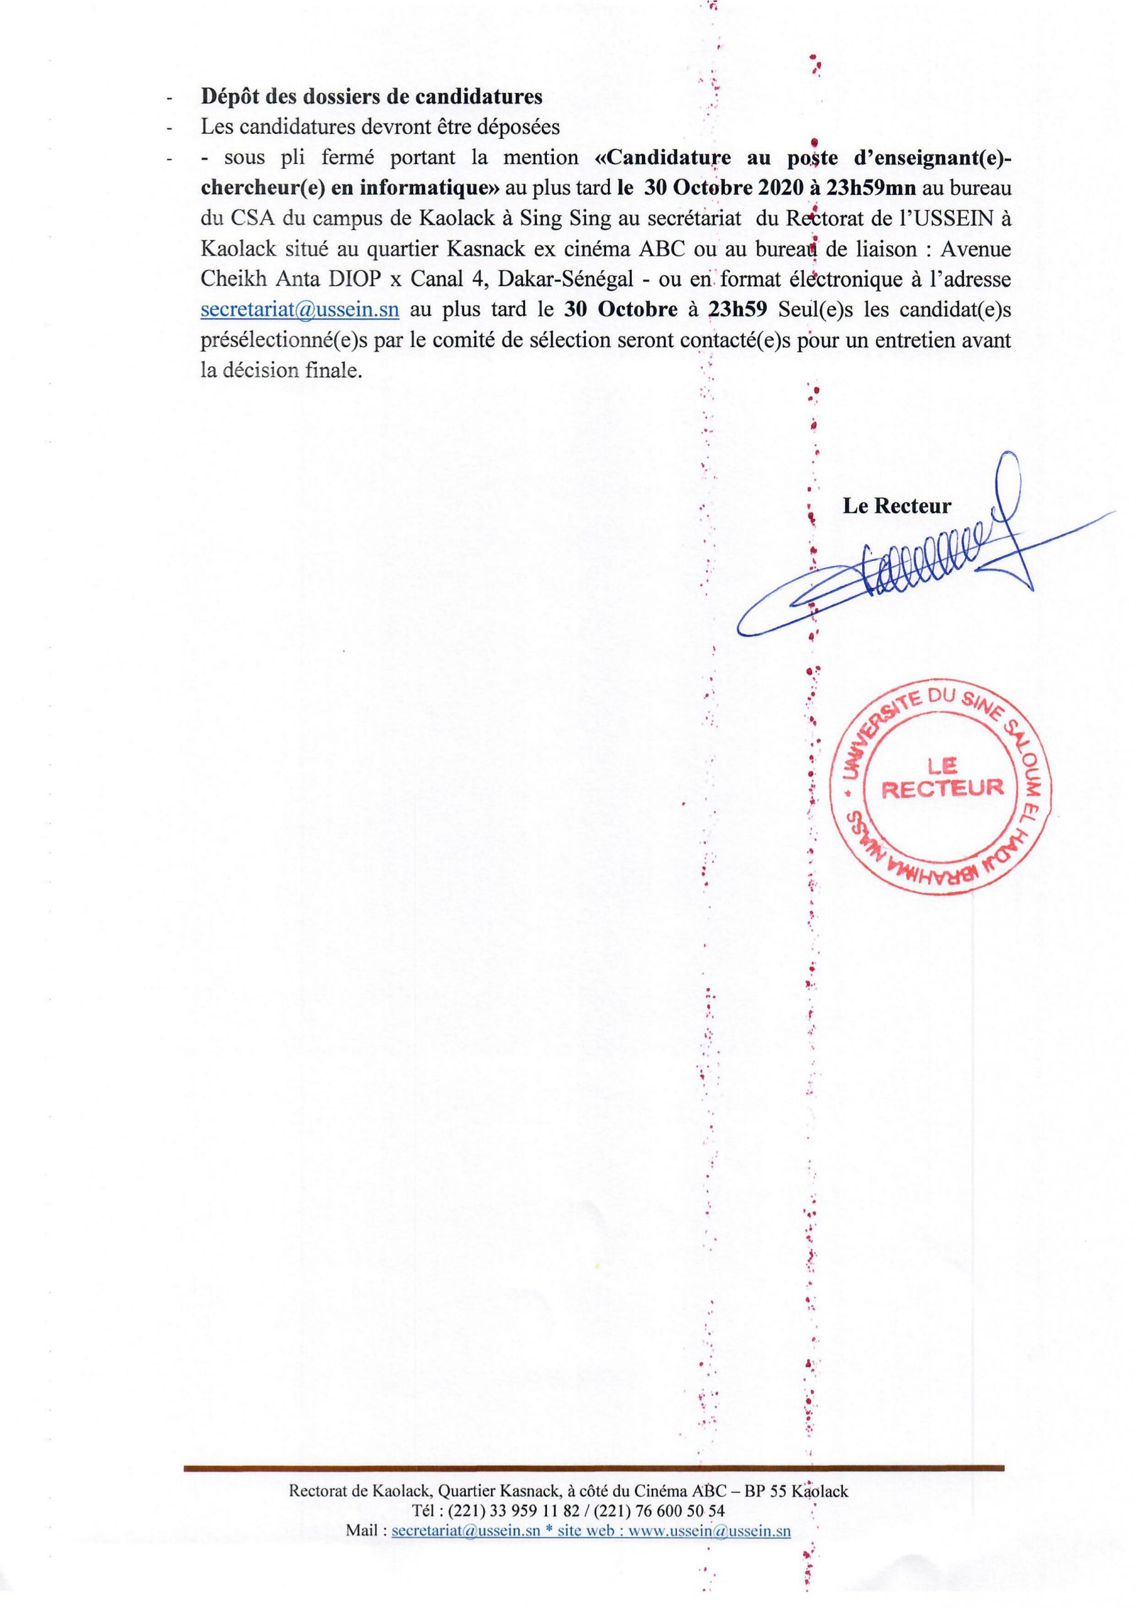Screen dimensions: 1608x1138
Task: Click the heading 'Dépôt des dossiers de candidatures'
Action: pyautogui.click(x=371, y=97)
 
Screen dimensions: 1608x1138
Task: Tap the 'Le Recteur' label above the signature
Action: pyautogui.click(x=896, y=506)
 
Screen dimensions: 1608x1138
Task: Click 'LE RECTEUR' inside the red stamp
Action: pyautogui.click(x=942, y=778)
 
